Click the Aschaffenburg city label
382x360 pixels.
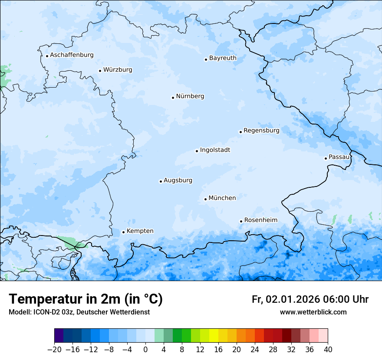pyautogui.click(x=72, y=55)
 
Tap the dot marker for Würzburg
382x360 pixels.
pyautogui.click(x=100, y=71)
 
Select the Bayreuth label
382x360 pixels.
pyautogui.click(x=223, y=58)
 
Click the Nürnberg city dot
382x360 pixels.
pyautogui.click(x=173, y=98)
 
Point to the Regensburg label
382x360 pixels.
pyautogui.click(x=261, y=131)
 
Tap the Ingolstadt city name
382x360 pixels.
pyautogui.click(x=215, y=150)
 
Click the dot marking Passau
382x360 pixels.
pyautogui.click(x=326, y=158)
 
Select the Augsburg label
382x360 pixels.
pyautogui.click(x=178, y=180)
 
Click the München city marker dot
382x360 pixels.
pyautogui.click(x=205, y=200)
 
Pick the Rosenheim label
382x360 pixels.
pyautogui.click(x=260, y=220)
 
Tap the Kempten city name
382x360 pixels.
pyautogui.click(x=140, y=231)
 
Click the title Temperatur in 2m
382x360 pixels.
pyautogui.click(x=86, y=299)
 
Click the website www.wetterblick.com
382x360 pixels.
pyautogui.click(x=313, y=312)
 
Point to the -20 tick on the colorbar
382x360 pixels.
pyautogui.click(x=54, y=350)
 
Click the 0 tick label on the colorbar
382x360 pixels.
pyautogui.click(x=145, y=350)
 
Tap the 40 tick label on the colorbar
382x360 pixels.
pyautogui.click(x=328, y=350)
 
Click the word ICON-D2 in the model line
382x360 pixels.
pyautogui.click(x=46, y=312)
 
